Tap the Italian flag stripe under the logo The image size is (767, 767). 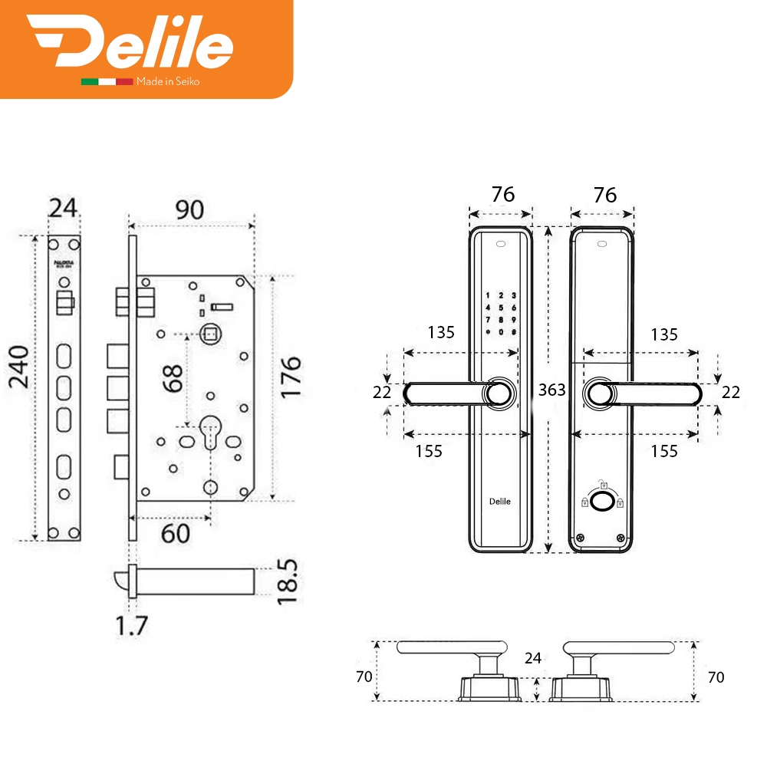click(x=107, y=81)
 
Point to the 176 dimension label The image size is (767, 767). click(x=291, y=377)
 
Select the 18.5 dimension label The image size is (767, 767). click(x=288, y=581)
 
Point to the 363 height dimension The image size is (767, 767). click(x=551, y=390)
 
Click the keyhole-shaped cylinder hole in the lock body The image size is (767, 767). click(x=209, y=433)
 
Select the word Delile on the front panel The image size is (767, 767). click(x=499, y=502)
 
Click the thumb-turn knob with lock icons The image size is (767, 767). click(x=602, y=502)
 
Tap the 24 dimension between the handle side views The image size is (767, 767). click(x=534, y=657)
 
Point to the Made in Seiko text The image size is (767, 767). click(x=167, y=81)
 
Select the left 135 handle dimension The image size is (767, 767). click(x=441, y=333)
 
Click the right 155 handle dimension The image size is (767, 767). click(x=663, y=451)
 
